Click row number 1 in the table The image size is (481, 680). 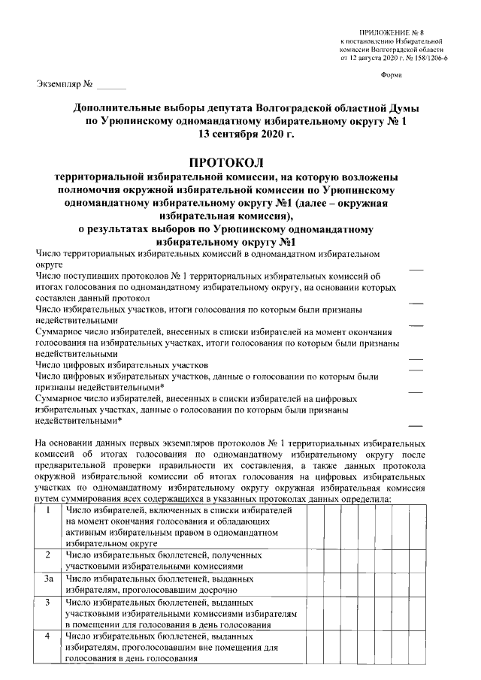pyautogui.click(x=48, y=511)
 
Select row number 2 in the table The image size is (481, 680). pyautogui.click(x=48, y=555)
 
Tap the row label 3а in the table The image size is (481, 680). pyautogui.click(x=48, y=579)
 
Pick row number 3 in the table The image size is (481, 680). pyautogui.click(x=48, y=603)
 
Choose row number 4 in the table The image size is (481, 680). pyautogui.click(x=48, y=636)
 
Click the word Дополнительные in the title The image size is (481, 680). pyautogui.click(x=120, y=108)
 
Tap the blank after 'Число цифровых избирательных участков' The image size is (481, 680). pyautogui.click(x=415, y=365)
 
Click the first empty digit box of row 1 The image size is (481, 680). pyautogui.click(x=315, y=526)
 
